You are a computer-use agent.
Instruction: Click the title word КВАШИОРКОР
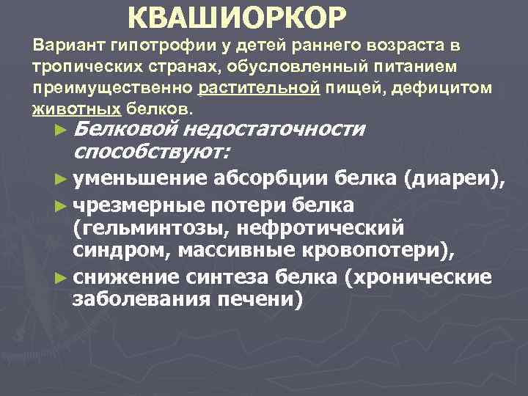tap(233, 16)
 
